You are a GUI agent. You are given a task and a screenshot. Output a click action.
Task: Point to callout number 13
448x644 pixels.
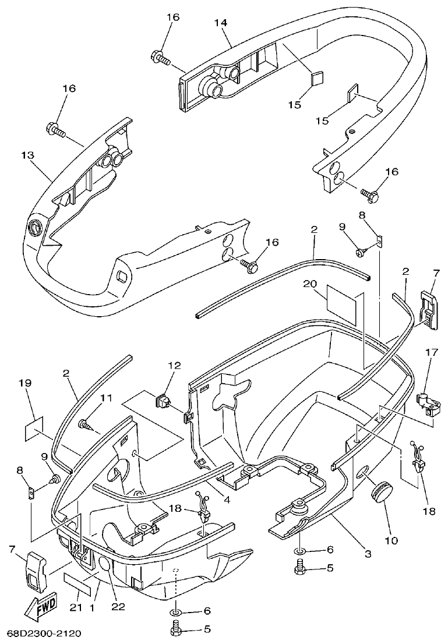[27, 155]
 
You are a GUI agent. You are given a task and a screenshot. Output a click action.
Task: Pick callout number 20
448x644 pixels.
[309, 284]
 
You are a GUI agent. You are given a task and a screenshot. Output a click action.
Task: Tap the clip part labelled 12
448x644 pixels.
[163, 400]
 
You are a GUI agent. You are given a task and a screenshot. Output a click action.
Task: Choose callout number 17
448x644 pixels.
[432, 352]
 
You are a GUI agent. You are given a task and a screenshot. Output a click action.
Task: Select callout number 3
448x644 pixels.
[368, 554]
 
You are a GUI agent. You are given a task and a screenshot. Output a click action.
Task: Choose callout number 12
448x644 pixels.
[175, 366]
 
